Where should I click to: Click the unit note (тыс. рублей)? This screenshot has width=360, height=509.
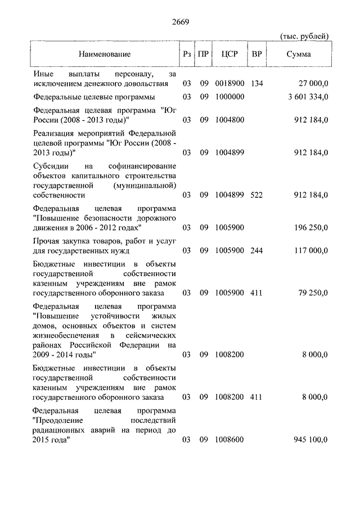(304, 36)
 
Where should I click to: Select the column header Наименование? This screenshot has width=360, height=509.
(105, 55)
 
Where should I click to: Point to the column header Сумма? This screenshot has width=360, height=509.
(299, 55)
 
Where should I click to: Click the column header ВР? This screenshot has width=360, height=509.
(257, 55)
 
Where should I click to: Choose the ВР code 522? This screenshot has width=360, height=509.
(257, 195)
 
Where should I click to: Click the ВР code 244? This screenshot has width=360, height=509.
(257, 250)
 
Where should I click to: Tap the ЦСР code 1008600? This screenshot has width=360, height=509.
(229, 439)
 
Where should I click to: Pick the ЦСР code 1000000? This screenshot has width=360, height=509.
(229, 97)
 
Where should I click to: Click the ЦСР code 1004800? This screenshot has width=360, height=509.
(229, 120)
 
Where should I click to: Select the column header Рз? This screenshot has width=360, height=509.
(187, 55)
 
